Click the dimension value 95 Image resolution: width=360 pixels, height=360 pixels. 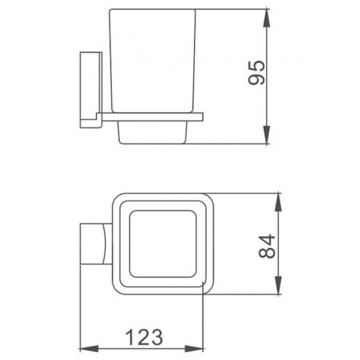[x=257, y=73]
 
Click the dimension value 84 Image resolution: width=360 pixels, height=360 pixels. [x=267, y=247]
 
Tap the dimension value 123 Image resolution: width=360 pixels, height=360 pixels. [x=144, y=337]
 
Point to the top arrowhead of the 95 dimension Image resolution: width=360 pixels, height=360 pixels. [x=266, y=18]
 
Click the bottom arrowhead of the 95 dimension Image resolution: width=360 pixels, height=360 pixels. [x=266, y=135]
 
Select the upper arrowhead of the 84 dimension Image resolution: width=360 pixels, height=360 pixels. [x=279, y=202]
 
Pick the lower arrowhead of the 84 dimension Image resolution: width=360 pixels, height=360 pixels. [x=279, y=286]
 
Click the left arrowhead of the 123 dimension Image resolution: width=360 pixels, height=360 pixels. [x=88, y=349]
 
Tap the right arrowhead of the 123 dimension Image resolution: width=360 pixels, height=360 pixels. [x=194, y=349]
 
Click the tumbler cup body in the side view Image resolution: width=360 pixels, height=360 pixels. [x=153, y=61]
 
